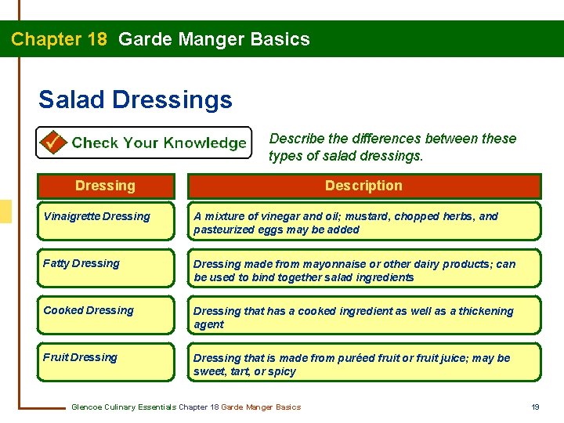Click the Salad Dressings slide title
135,100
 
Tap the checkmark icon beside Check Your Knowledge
53,143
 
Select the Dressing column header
105,186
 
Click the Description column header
363,186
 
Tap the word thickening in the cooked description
485,311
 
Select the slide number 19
536,407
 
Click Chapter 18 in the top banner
60,39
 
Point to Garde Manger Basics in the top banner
214,39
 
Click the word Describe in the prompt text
296,139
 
